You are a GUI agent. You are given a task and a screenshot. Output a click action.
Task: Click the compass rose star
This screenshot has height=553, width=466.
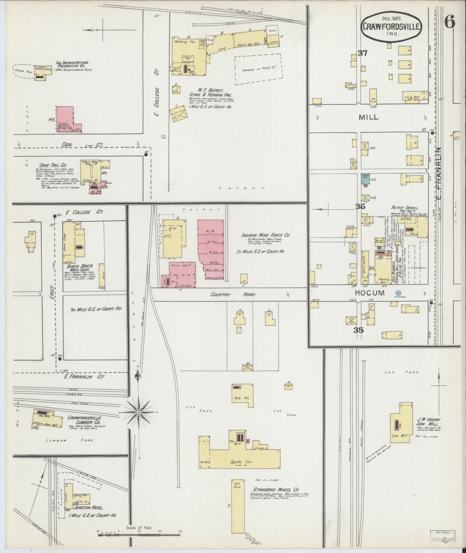[138, 412]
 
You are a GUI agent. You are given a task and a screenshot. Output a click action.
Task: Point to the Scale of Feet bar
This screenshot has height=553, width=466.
[139, 535]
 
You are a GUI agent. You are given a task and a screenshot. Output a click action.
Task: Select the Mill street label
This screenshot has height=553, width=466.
[369, 118]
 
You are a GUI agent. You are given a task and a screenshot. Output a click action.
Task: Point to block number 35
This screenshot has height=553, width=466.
[359, 330]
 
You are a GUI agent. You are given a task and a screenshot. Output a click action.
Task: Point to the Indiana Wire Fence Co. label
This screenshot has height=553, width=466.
[266, 235]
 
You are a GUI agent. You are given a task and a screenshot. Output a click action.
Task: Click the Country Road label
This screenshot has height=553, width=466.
[233, 295]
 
